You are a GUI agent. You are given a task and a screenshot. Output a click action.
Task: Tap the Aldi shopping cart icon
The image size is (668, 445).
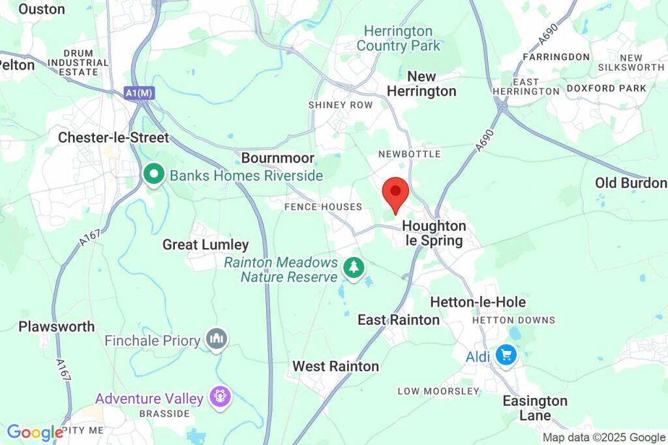[506, 356]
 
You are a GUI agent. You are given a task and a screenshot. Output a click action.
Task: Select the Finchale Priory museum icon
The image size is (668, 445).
[216, 339]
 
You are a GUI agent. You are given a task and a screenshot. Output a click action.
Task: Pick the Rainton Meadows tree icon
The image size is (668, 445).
[354, 267]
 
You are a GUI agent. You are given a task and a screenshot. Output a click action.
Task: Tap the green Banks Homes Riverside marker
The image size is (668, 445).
[154, 175]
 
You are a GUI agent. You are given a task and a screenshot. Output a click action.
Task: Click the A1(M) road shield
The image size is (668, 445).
[139, 93]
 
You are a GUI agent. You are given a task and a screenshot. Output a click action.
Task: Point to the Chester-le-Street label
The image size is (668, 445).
[114, 138]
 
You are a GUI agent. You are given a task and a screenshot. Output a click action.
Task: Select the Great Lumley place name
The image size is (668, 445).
[205, 245]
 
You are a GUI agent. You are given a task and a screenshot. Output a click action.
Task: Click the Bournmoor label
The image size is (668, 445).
[278, 158]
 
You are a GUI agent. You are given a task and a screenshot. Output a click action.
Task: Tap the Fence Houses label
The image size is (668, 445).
[323, 207]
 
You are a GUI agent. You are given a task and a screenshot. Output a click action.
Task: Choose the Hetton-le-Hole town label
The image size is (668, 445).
[478, 302]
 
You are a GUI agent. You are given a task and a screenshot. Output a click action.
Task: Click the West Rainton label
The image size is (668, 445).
[335, 366]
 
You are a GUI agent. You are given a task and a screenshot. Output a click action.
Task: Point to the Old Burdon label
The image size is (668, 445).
[631, 183]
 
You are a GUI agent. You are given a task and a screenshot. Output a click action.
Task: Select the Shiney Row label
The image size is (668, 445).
[341, 105]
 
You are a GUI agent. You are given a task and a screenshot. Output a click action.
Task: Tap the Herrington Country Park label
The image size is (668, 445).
[398, 38]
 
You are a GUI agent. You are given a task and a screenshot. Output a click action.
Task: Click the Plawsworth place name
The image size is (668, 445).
[57, 326]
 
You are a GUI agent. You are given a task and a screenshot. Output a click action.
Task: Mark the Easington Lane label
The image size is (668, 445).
[535, 408]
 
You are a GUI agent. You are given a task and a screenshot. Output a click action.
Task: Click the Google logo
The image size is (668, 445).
[35, 432]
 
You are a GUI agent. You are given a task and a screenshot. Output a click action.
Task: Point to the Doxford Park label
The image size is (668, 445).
[606, 88]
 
